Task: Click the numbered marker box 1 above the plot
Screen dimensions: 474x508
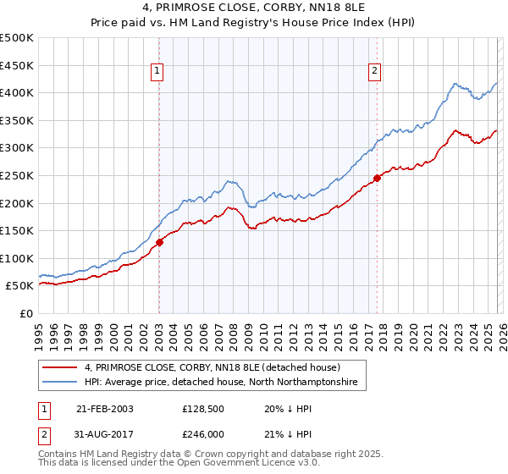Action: point(158,72)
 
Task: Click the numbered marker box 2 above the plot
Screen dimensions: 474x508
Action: point(374,72)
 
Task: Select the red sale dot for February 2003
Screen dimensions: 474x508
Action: point(159,242)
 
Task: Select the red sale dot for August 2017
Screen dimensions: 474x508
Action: point(377,178)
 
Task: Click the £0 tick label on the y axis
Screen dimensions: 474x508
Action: point(27,313)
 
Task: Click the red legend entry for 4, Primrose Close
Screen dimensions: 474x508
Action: point(212,368)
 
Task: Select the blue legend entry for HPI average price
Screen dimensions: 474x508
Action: point(221,383)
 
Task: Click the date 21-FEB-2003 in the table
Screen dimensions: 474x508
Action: point(104,409)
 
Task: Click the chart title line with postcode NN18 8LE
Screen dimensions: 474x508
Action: point(253,8)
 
